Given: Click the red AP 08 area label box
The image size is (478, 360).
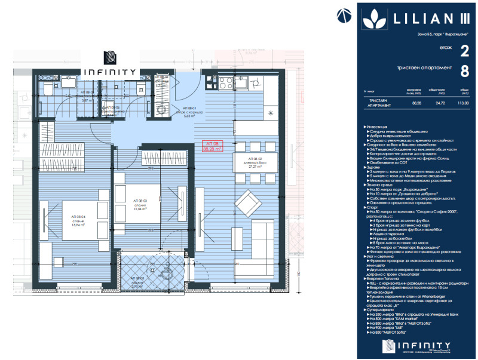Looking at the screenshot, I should pyautogui.click(x=213, y=147).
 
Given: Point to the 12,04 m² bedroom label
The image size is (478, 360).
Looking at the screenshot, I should pyautogui.click(x=139, y=205).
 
